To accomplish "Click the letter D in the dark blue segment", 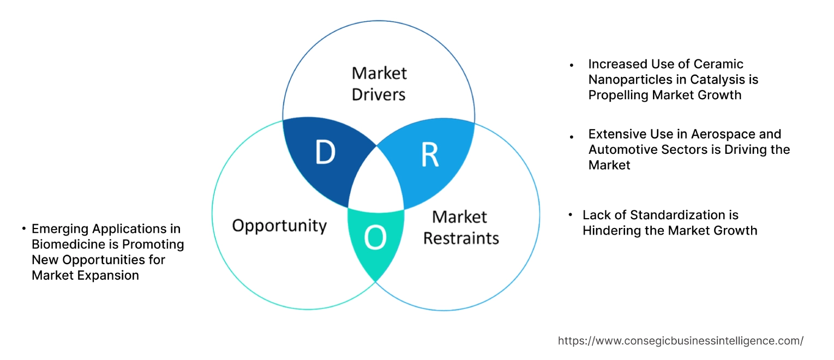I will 325,154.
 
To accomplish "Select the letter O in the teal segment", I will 376,238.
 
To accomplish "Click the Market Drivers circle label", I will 379,83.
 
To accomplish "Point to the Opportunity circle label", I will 279,225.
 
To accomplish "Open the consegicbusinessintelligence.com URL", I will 680,341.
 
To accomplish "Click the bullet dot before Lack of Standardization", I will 570,215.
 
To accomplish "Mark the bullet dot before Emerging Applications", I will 24,229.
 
